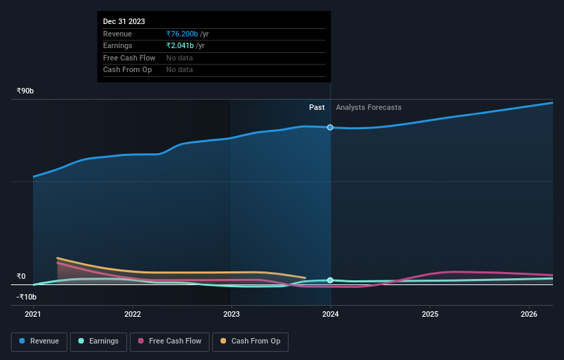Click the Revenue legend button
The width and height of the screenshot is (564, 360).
pyautogui.click(x=39, y=341)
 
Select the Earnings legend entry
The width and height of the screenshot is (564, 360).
pyautogui.click(x=98, y=341)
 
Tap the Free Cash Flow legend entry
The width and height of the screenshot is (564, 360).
pyautogui.click(x=170, y=341)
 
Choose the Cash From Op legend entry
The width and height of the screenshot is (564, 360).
pyautogui.click(x=250, y=341)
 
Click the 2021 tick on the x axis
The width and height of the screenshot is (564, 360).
pyautogui.click(x=33, y=315)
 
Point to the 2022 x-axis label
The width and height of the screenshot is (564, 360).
pyautogui.click(x=133, y=315)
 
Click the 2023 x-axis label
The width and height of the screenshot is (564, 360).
pyautogui.click(x=232, y=315)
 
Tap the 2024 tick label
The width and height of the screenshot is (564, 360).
pyautogui.click(x=330, y=315)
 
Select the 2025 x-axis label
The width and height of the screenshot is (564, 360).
pyautogui.click(x=430, y=315)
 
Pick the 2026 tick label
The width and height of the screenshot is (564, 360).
pyautogui.click(x=529, y=315)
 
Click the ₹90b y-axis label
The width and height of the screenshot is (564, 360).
pyautogui.click(x=25, y=91)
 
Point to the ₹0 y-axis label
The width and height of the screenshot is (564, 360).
pyautogui.click(x=21, y=276)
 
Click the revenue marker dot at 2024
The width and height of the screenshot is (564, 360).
pyautogui.click(x=330, y=127)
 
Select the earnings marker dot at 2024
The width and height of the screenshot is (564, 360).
pyautogui.click(x=330, y=280)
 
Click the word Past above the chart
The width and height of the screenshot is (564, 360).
pyautogui.click(x=317, y=107)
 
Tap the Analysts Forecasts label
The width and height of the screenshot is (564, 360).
pyautogui.click(x=368, y=107)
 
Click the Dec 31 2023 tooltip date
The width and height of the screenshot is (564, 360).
pyautogui.click(x=124, y=22)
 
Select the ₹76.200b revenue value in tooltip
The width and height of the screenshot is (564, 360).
pyautogui.click(x=182, y=34)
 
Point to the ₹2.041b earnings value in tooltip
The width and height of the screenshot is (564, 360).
pyautogui.click(x=180, y=45)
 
